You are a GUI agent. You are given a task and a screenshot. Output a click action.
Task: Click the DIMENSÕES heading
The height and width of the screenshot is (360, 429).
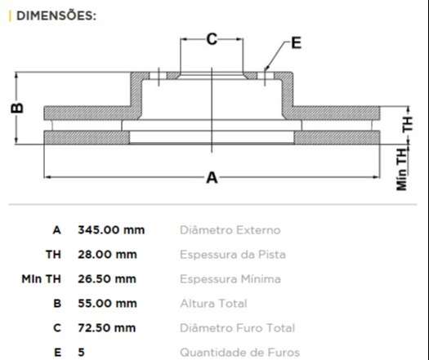pyautogui.click(x=56, y=16)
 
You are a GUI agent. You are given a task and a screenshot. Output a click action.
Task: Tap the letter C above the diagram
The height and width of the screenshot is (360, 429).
pyautogui.click(x=212, y=39)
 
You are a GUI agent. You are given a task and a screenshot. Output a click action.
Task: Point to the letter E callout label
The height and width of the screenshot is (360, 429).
pyautogui.click(x=297, y=43)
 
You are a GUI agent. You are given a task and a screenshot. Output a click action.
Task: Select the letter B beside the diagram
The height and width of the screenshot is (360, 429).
pyautogui.click(x=17, y=108)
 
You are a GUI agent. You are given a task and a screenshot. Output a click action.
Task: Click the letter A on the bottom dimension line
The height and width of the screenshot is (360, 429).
pyautogui.click(x=212, y=178)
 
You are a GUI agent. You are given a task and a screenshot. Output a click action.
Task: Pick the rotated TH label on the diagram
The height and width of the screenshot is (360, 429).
pyautogui.click(x=408, y=124)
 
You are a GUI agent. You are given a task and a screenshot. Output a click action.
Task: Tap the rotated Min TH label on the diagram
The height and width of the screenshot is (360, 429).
pyautogui.click(x=402, y=170)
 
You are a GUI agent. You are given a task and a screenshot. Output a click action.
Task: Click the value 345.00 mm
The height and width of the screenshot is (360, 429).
pyautogui.click(x=111, y=230)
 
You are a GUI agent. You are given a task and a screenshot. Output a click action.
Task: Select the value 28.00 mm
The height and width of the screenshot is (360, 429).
pyautogui.click(x=107, y=255)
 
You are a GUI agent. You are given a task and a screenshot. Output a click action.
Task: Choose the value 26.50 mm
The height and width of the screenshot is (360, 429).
pyautogui.click(x=107, y=279)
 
